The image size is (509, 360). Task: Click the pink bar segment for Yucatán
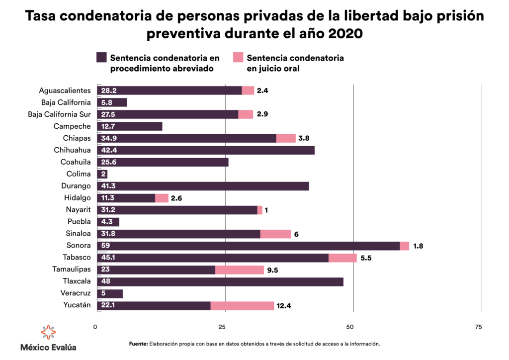click(242, 305)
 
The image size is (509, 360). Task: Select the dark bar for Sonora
click(249, 246)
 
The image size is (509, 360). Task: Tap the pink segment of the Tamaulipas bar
click(240, 270)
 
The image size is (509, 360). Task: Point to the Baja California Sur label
click(60, 114)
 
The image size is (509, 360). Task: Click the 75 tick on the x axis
click(478, 327)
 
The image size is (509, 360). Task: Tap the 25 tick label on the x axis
click(222, 327)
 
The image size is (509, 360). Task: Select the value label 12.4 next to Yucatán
click(283, 306)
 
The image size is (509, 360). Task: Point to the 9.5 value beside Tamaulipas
click(273, 270)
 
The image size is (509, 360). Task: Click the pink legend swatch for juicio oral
click(238, 58)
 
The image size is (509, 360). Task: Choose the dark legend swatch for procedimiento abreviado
click(101, 58)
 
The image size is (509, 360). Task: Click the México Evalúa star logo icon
click(48, 333)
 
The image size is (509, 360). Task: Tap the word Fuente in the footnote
click(138, 344)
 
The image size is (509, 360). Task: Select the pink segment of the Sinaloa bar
click(275, 234)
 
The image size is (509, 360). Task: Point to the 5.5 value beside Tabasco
click(366, 258)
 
